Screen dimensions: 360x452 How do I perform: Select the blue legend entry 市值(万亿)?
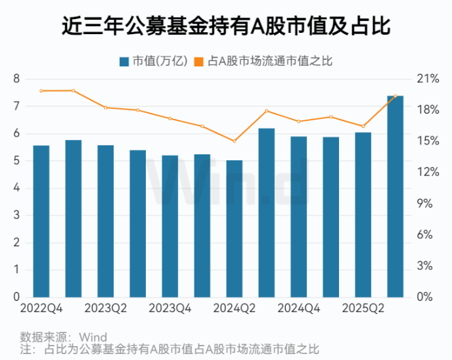click(x=153, y=61)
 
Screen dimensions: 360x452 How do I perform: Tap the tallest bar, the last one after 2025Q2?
click(x=395, y=197)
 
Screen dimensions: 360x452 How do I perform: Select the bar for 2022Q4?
click(x=41, y=221)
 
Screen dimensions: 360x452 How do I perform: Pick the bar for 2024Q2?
click(x=234, y=229)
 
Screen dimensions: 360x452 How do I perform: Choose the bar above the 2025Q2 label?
click(x=363, y=215)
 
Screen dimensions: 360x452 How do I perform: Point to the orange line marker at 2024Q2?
click(x=234, y=141)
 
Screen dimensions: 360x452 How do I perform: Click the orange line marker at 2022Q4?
click(x=41, y=91)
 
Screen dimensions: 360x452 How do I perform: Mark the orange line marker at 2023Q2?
click(x=105, y=107)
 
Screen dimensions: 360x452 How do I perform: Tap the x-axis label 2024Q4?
click(x=299, y=308)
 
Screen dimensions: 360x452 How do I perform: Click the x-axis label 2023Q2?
click(x=106, y=308)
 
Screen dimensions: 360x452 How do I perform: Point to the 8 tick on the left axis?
click(x=17, y=79)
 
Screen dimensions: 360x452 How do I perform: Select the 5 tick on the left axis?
click(x=17, y=161)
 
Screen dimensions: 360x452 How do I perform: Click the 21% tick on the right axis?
click(x=428, y=79)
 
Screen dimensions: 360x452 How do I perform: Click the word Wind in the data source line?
click(x=93, y=338)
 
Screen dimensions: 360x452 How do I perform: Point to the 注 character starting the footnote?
click(x=26, y=349)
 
